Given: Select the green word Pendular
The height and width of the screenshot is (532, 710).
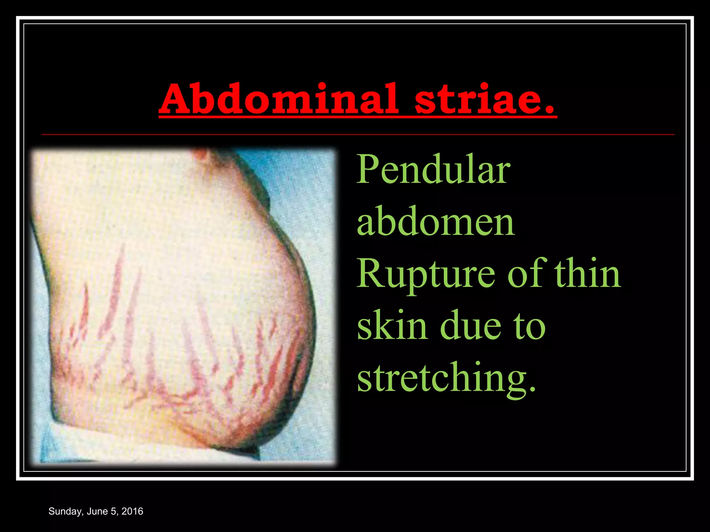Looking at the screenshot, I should tap(433, 170).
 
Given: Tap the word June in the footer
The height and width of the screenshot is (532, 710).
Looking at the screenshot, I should tap(97, 511).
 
